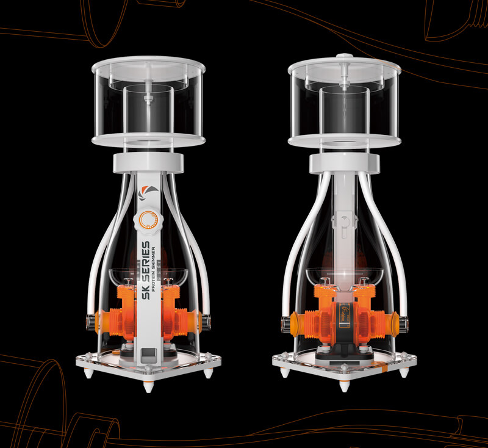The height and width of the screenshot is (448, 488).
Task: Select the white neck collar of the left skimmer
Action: (148, 163)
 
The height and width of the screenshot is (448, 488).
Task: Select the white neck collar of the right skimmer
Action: (345, 163)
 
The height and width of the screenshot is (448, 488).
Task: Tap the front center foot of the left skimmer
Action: (148, 386)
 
